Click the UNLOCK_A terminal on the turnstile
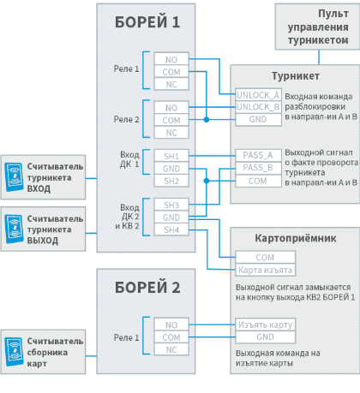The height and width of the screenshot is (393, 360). [258, 95]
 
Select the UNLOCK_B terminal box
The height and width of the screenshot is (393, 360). [258, 107]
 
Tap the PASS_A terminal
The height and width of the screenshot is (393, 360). [258, 156]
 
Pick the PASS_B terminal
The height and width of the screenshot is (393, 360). [258, 168]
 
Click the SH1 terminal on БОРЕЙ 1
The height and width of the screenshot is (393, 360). [171, 156]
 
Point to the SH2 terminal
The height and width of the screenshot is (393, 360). [171, 181]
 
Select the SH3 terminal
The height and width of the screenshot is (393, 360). [171, 205]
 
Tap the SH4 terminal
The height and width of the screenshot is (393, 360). [171, 229]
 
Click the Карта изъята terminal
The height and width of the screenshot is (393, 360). [266, 270]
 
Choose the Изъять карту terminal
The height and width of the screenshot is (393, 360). [266, 325]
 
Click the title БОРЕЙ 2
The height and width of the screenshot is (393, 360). [147, 288]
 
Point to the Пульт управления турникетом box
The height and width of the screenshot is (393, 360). [317, 27]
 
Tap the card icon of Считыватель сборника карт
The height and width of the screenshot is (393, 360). [15, 352]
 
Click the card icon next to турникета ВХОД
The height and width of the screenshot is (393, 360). [15, 177]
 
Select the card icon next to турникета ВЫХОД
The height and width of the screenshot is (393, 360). [15, 229]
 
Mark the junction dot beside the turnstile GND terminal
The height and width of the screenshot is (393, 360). [207, 120]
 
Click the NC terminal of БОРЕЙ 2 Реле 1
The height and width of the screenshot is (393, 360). [171, 349]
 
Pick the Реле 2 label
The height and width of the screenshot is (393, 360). [126, 119]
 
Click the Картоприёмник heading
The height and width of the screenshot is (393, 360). [296, 238]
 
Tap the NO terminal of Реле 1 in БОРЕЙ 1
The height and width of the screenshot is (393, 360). [171, 59]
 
